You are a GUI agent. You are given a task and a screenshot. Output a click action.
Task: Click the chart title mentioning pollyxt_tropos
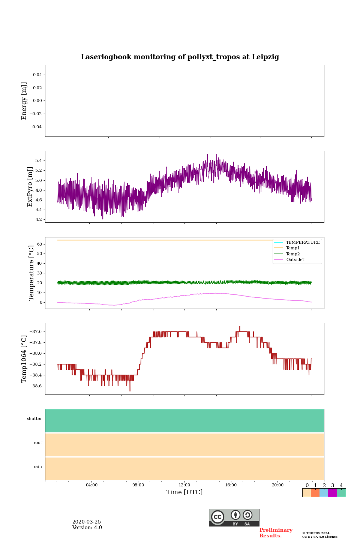(x=180, y=57)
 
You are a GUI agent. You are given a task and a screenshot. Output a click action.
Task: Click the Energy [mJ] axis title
(x=24, y=101)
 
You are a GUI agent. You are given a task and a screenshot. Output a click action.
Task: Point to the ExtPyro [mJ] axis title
(x=30, y=187)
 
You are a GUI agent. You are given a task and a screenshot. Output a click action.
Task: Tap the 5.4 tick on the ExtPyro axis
(x=38, y=161)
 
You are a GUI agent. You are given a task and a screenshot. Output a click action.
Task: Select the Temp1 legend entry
(x=293, y=248)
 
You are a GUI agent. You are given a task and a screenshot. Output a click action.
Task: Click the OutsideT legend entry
(x=295, y=260)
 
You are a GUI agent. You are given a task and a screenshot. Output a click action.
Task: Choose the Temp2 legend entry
(x=293, y=254)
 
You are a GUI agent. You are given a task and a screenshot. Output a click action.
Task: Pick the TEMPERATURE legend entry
(x=303, y=243)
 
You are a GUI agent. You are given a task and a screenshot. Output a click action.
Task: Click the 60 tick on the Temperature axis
(x=39, y=244)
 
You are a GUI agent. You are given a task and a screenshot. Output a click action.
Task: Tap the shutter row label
(x=34, y=419)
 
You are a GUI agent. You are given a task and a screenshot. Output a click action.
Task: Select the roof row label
(x=38, y=443)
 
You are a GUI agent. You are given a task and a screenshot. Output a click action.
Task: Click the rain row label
(x=38, y=467)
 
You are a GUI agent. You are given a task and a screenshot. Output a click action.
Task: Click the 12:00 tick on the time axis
(x=184, y=485)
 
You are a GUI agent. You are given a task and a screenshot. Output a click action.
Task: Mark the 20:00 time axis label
(x=277, y=485)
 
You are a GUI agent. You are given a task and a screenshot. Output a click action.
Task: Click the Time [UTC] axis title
(x=184, y=492)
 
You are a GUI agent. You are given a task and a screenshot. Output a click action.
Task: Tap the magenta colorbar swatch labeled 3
(x=332, y=493)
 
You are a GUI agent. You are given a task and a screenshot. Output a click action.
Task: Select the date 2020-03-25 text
(x=87, y=522)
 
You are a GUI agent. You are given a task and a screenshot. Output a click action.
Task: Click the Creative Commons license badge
(x=234, y=517)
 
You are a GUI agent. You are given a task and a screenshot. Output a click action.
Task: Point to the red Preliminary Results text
(x=276, y=533)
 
